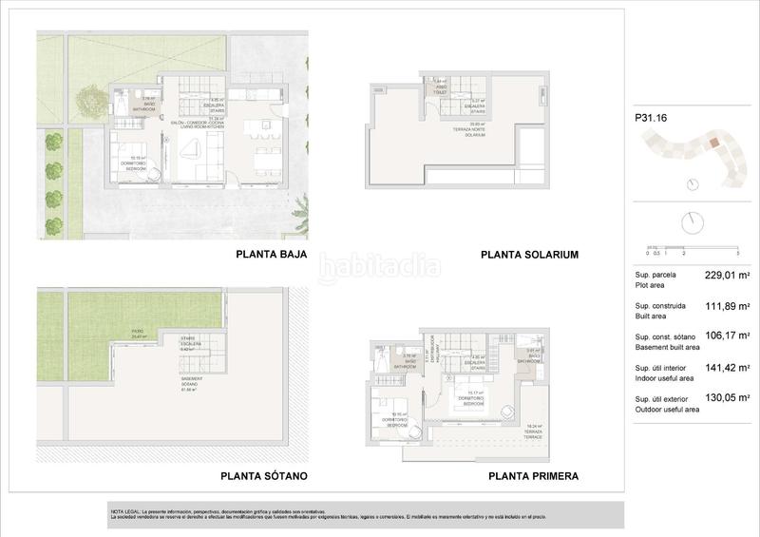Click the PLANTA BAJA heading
tap(271, 255)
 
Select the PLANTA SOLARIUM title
tap(530, 255)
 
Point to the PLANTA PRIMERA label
tap(533, 476)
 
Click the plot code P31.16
tap(649, 120)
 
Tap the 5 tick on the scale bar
tap(737, 254)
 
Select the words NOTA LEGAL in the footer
tap(125, 511)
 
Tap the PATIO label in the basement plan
tap(139, 331)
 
